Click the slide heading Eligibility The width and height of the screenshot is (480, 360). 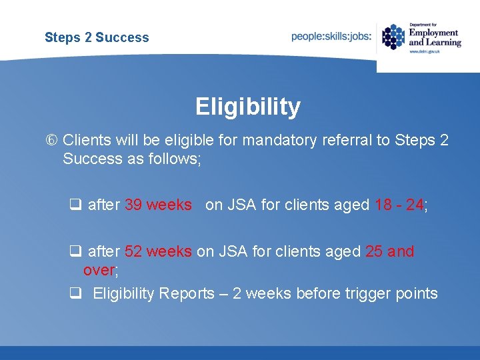(x=248, y=107)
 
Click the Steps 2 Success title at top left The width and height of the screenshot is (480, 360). (x=97, y=37)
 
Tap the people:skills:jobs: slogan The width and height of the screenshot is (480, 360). (x=331, y=36)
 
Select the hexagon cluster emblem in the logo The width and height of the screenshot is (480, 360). (x=393, y=37)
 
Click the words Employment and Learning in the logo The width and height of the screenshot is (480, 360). (x=434, y=37)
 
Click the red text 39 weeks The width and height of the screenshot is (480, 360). (x=158, y=205)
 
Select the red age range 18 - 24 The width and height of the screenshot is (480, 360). (x=399, y=205)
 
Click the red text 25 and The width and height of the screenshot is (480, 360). (x=389, y=252)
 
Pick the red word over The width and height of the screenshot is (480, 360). (x=99, y=271)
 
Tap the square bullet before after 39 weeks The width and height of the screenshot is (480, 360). (x=75, y=205)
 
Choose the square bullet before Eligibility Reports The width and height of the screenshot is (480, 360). (x=75, y=293)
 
